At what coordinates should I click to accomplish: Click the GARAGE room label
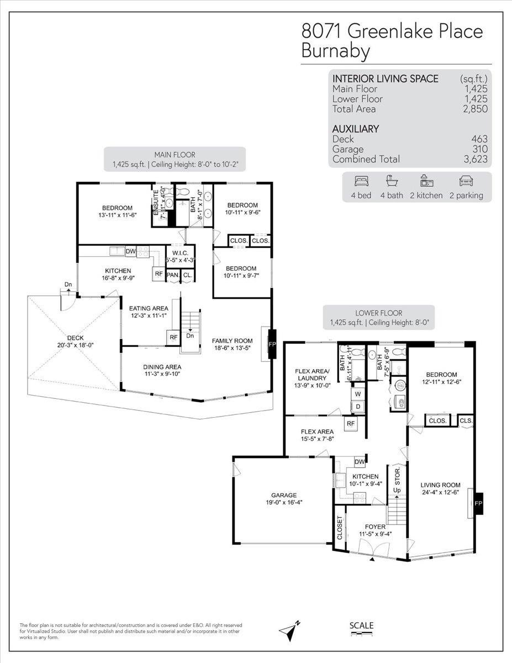point(283,495)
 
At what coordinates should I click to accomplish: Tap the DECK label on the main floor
point(75,338)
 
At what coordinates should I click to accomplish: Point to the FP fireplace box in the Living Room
point(478,503)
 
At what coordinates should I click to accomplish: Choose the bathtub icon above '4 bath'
point(391,181)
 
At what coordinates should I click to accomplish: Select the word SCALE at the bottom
point(362,625)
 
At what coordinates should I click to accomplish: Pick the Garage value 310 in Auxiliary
point(479,149)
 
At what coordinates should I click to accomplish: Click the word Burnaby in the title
point(335,51)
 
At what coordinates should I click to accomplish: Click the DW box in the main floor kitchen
point(131,251)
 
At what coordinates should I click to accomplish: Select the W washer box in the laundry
point(357,394)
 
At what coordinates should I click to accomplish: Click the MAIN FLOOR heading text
point(175,155)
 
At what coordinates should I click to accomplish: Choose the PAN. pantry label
point(173,275)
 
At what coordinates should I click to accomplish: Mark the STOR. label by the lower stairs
point(397,473)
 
